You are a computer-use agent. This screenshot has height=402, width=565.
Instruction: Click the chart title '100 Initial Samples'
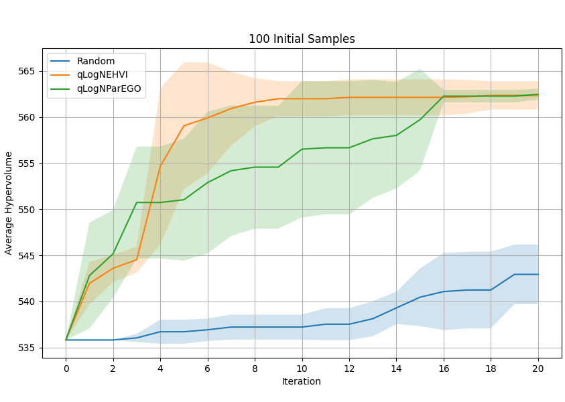pyautogui.click(x=302, y=39)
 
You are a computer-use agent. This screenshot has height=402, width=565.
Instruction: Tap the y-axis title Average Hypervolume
pyautogui.click(x=9, y=203)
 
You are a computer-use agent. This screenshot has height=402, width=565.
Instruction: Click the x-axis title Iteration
pyautogui.click(x=302, y=382)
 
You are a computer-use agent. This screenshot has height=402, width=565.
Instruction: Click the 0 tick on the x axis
pyautogui.click(x=66, y=368)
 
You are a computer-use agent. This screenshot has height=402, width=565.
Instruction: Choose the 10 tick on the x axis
pyautogui.click(x=302, y=368)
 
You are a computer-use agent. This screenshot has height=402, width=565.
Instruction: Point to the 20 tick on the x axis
pyautogui.click(x=538, y=368)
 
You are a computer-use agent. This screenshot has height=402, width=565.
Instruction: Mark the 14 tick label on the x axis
pyautogui.click(x=396, y=368)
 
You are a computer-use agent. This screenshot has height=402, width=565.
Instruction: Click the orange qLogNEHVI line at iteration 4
pyautogui.click(x=160, y=165)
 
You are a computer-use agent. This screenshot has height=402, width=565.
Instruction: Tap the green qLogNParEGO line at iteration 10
pyautogui.click(x=302, y=149)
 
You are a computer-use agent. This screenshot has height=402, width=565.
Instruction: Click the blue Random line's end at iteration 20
pyautogui.click(x=538, y=274)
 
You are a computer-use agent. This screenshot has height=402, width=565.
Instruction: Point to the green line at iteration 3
pyautogui.click(x=137, y=202)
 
